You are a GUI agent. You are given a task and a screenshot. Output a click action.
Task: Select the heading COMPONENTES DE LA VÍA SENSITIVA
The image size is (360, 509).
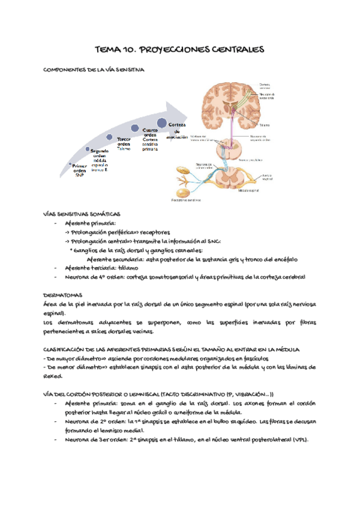pyautogui.click(x=94, y=70)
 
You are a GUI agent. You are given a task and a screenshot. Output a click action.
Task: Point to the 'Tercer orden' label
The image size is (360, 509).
pyautogui.click(x=124, y=142)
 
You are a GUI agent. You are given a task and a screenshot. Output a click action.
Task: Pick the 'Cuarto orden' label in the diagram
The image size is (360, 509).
pyautogui.click(x=150, y=132)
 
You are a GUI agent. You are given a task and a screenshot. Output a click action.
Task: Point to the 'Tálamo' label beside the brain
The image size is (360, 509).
pyautogui.click(x=265, y=125)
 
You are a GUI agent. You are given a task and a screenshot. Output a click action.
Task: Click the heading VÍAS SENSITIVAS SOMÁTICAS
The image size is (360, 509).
pyautogui.click(x=82, y=214)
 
